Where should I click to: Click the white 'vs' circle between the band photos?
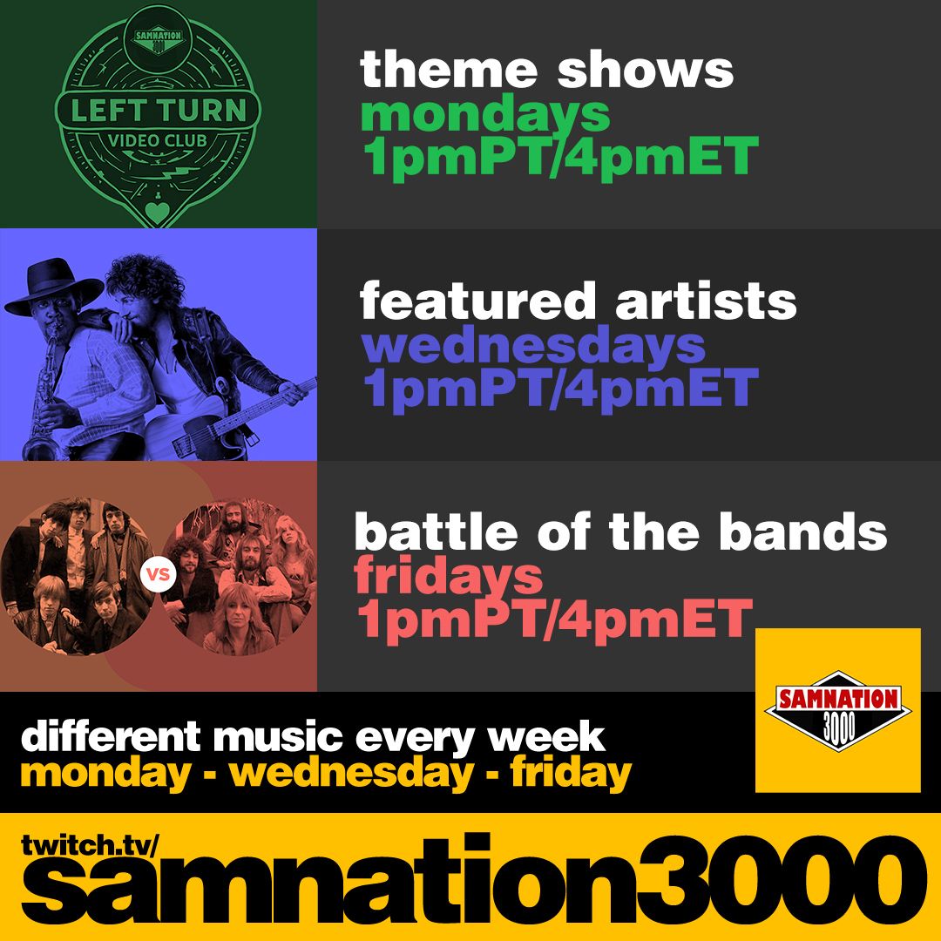[x=159, y=574]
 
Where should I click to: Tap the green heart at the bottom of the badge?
[x=157, y=213]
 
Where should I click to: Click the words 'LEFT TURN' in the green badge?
[x=159, y=111]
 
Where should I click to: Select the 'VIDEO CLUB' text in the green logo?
[x=157, y=141]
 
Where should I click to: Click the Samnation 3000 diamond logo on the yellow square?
[x=838, y=711]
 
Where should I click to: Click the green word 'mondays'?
[x=485, y=115]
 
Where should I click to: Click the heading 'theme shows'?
[x=546, y=70]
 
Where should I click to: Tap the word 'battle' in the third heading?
[x=437, y=531]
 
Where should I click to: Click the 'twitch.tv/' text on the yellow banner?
[x=90, y=845]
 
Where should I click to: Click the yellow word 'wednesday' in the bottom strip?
[x=352, y=773]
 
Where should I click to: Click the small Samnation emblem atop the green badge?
[x=159, y=39]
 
